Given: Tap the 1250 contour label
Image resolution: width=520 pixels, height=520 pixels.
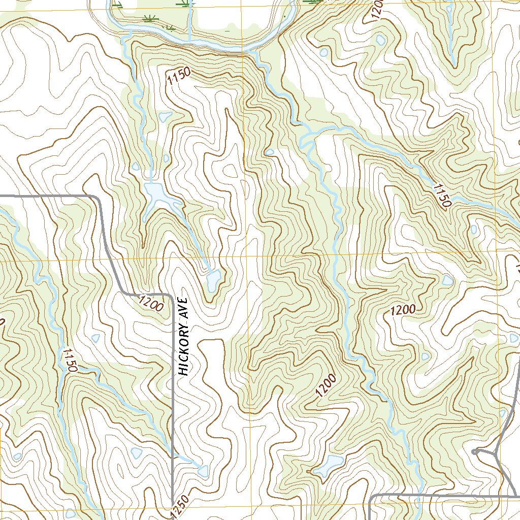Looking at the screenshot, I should (x=180, y=506).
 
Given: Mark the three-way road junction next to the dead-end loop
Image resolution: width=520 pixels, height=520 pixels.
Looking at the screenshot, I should (x=496, y=452).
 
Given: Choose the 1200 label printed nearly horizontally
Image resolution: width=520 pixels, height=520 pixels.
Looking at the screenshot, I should (x=403, y=310).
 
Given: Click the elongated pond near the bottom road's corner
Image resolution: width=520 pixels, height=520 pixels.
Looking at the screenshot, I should (x=328, y=465).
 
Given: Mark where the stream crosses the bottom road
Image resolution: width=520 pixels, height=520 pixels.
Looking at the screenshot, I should (x=419, y=495).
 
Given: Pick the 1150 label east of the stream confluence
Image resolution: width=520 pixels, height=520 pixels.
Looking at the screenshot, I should (x=441, y=196).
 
